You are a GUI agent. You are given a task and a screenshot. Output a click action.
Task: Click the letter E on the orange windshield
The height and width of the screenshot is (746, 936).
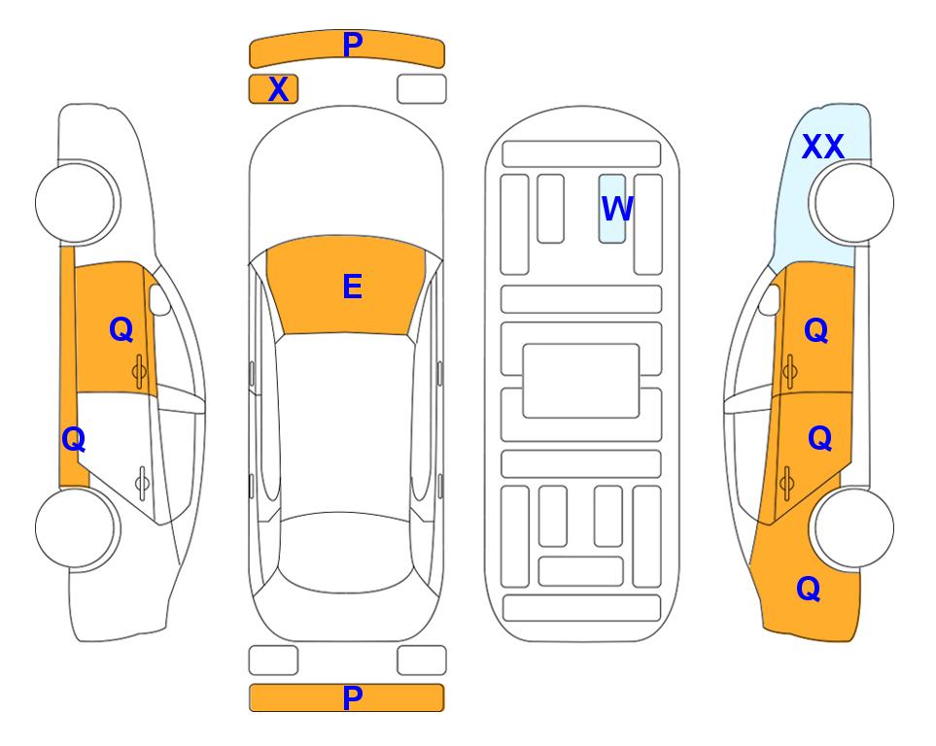[352, 287]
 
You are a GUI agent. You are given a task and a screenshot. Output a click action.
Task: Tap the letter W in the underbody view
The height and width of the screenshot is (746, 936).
[617, 208]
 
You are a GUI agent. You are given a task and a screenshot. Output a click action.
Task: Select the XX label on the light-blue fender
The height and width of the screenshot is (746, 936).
[822, 147]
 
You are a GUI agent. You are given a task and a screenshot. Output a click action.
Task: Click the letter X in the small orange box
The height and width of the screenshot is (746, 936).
[278, 89]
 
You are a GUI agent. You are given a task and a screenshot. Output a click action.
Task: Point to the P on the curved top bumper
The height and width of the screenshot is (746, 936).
[353, 45]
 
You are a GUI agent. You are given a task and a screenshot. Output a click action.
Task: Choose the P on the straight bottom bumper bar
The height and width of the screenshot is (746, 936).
[352, 697]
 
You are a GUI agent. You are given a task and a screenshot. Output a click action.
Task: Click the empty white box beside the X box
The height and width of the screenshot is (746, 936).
[422, 89]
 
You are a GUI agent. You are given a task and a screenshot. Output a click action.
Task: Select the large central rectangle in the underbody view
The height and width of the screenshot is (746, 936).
[581, 381]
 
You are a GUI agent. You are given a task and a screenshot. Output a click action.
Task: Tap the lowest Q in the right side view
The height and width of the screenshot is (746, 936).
[809, 589]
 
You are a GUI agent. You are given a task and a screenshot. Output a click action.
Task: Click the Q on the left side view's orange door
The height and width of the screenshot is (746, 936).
[121, 329]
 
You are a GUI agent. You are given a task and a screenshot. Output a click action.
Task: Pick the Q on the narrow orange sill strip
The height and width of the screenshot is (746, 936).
[74, 440]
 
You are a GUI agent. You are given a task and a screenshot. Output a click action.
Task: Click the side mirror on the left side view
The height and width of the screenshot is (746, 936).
[158, 299]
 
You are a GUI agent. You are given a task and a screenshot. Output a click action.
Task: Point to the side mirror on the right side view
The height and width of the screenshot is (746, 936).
[770, 299]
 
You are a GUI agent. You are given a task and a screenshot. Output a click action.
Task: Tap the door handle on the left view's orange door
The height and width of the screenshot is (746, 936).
[139, 372]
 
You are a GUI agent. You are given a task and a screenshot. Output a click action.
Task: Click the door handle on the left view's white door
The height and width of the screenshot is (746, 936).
[142, 483]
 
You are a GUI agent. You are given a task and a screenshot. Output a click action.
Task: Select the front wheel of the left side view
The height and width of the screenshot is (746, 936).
[78, 203]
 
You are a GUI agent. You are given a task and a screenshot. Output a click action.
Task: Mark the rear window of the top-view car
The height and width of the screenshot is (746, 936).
[343, 553]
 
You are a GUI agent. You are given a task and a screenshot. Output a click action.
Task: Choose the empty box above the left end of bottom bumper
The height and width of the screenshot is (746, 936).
[273, 661]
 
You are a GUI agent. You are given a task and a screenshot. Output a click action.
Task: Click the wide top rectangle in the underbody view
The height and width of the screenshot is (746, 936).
[581, 154]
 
